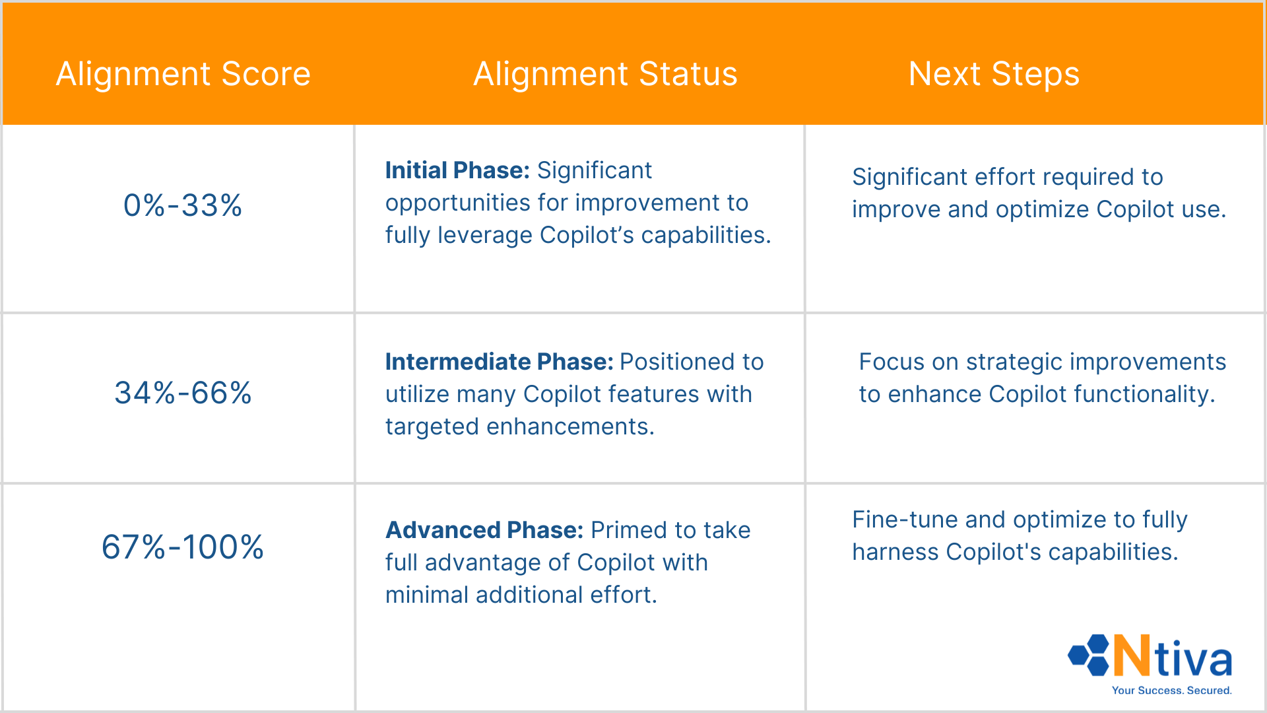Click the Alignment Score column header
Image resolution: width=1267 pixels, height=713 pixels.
(183, 74)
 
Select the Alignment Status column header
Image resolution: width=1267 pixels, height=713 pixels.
(605, 74)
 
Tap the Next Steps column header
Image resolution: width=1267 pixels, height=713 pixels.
(994, 74)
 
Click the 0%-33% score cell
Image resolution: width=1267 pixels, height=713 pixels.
(183, 205)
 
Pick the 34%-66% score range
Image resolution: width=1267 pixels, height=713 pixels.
(183, 393)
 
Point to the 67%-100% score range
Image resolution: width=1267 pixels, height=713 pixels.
(183, 547)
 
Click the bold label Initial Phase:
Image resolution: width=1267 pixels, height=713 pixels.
(457, 170)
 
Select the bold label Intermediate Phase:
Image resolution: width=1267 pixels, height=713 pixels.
(500, 362)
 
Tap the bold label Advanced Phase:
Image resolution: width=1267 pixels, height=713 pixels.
(484, 530)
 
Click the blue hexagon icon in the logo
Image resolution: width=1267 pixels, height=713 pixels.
(1089, 655)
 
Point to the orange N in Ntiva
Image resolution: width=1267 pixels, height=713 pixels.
(1132, 655)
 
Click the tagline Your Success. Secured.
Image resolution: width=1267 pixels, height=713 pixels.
(1171, 691)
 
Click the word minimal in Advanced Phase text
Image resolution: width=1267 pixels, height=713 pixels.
(427, 595)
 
